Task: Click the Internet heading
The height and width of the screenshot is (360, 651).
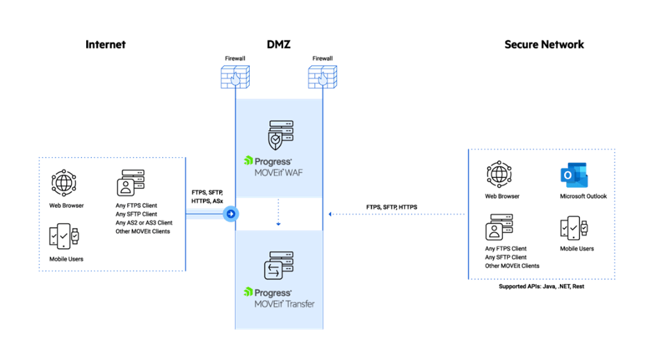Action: (x=106, y=44)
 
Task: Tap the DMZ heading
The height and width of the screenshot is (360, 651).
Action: (x=278, y=44)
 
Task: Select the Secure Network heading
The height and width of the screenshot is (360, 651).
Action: (x=544, y=44)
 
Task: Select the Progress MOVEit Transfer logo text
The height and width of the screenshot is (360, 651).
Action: (x=279, y=297)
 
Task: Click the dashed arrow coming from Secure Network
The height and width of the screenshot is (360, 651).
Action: (x=396, y=214)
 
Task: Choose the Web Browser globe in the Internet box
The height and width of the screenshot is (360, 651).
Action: (x=63, y=183)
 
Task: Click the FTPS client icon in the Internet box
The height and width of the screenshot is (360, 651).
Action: (x=130, y=183)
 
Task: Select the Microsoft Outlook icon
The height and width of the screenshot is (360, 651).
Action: (x=575, y=176)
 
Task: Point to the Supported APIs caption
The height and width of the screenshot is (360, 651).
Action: (x=542, y=286)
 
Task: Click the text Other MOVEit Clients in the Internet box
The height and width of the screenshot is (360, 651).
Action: (x=143, y=231)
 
